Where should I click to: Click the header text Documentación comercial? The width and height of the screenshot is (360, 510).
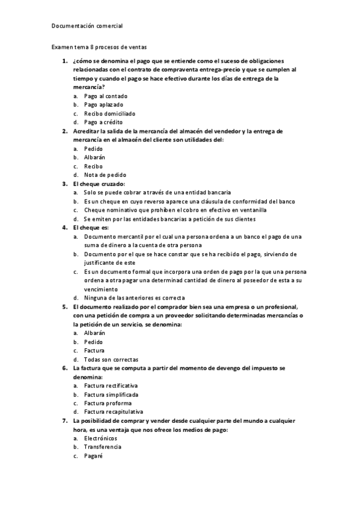point(87,26)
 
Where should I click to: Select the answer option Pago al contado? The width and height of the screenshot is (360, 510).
point(106,96)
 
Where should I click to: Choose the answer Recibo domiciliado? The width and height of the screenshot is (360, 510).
point(110,113)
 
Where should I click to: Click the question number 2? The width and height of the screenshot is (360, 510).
point(65,131)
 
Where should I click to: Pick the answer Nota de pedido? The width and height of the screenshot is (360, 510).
point(105,175)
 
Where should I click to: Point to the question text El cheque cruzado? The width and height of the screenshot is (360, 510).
point(98,183)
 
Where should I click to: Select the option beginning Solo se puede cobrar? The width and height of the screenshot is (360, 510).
point(157,192)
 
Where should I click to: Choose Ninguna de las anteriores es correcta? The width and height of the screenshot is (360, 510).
point(135,298)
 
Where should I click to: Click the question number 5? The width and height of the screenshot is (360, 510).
point(65,307)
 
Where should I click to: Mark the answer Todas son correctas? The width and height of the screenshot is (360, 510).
point(111,359)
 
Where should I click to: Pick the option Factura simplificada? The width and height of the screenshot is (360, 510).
point(111,395)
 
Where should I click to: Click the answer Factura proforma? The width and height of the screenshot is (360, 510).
point(108,403)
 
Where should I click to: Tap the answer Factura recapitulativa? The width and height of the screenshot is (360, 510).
point(114,412)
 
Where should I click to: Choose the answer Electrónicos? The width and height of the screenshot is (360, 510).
point(101,438)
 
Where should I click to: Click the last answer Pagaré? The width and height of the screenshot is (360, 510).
point(94,456)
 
